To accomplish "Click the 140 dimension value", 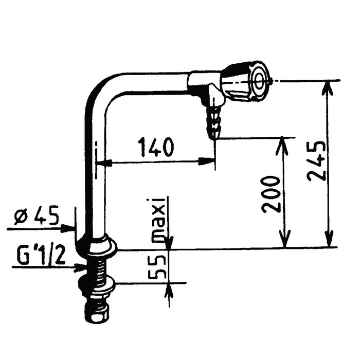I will pyautogui.click(x=155, y=148).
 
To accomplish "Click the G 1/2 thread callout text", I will pyautogui.click(x=41, y=256).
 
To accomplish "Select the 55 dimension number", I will pyautogui.click(x=157, y=265).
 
